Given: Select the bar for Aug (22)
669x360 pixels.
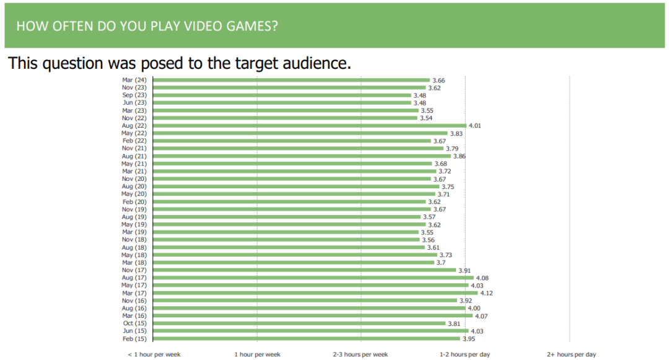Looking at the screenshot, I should (x=309, y=126).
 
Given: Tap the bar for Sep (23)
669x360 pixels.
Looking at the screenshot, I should (x=282, y=95).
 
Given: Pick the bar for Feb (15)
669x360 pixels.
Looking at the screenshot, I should (x=306, y=338).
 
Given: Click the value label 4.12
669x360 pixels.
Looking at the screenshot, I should (x=486, y=293).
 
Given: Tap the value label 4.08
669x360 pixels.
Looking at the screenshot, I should (x=481, y=278).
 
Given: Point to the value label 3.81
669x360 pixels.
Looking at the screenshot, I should (x=455, y=323).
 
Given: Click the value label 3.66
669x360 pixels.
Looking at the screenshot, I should (x=439, y=81).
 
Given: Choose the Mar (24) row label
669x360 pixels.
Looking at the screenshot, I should (x=134, y=80).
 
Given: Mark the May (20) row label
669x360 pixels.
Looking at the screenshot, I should (x=134, y=194).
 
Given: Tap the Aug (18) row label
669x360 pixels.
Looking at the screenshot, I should (x=134, y=247).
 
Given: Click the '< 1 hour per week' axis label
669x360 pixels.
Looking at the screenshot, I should (x=154, y=354).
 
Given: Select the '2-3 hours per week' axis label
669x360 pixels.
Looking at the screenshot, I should (x=361, y=354).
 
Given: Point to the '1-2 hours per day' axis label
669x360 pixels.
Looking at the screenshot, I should (x=465, y=354).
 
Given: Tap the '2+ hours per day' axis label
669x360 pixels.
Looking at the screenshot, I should (x=571, y=354).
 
